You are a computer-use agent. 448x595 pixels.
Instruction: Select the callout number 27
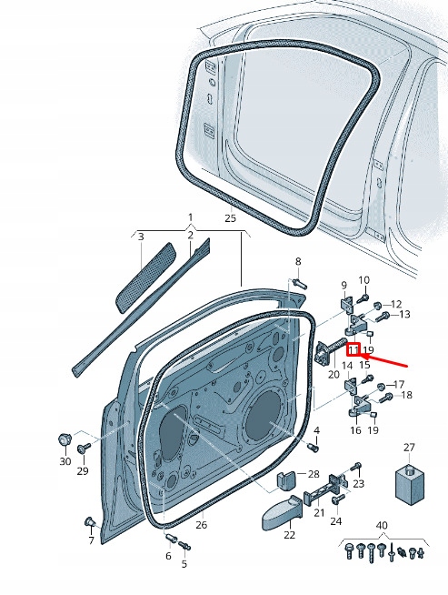click(409, 448)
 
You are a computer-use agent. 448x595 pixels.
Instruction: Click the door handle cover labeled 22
click(276, 515)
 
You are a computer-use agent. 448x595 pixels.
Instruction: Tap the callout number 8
click(297, 262)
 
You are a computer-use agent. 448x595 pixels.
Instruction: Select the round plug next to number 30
click(65, 439)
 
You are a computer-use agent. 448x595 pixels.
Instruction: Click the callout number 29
click(83, 470)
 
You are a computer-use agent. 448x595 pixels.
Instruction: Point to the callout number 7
click(91, 541)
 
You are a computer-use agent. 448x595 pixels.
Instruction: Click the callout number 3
click(141, 237)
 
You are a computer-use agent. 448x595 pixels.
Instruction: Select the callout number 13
click(404, 314)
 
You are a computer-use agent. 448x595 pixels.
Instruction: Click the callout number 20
click(333, 374)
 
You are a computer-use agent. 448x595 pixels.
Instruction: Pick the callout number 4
click(316, 429)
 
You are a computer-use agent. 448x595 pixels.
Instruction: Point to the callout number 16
click(355, 430)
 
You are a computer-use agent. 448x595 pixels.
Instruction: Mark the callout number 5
click(184, 564)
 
